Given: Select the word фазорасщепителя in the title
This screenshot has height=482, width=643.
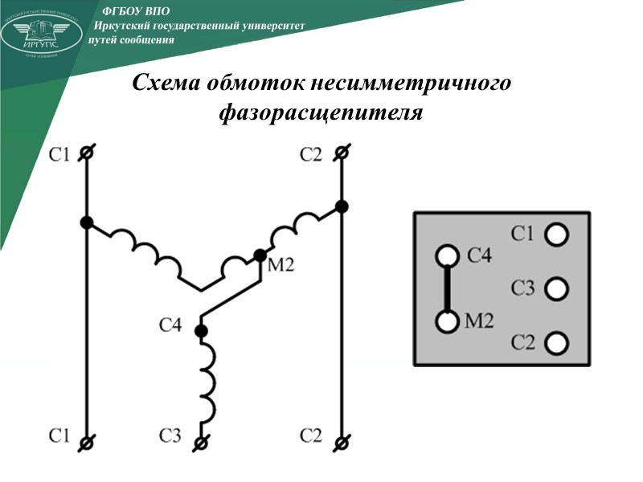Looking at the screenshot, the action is click(x=321, y=112).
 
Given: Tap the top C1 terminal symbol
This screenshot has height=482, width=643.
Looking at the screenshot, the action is click(x=87, y=153).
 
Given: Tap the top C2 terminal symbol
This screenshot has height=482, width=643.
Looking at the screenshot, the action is click(x=342, y=153).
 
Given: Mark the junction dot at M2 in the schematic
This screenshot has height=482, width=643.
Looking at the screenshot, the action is click(x=260, y=255).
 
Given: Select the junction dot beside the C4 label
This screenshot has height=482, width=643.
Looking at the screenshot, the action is click(x=202, y=330).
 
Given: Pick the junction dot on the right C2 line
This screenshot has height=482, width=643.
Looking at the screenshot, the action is click(x=342, y=206).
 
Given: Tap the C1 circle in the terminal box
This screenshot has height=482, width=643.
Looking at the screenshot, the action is click(x=555, y=235).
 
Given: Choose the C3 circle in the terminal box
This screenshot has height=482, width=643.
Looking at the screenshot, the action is click(x=555, y=288).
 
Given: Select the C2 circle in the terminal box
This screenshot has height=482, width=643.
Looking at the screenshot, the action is click(x=555, y=343).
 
